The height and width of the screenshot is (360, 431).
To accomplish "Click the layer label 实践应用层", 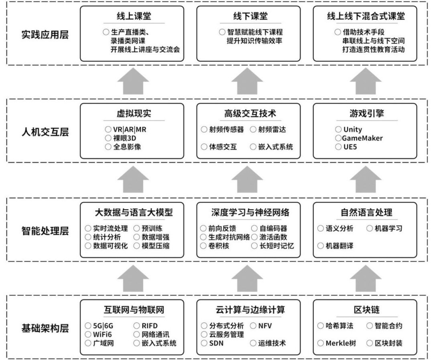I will coord(45,35).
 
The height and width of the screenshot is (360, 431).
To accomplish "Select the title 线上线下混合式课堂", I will coord(366,16).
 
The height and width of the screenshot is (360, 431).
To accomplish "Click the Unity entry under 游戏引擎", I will coord(352,130).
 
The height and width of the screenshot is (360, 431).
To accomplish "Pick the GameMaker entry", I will coord(362,138).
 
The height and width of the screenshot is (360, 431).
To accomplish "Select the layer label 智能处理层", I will coord(45,231).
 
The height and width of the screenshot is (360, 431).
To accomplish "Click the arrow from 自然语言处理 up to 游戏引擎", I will coord(365,180).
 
